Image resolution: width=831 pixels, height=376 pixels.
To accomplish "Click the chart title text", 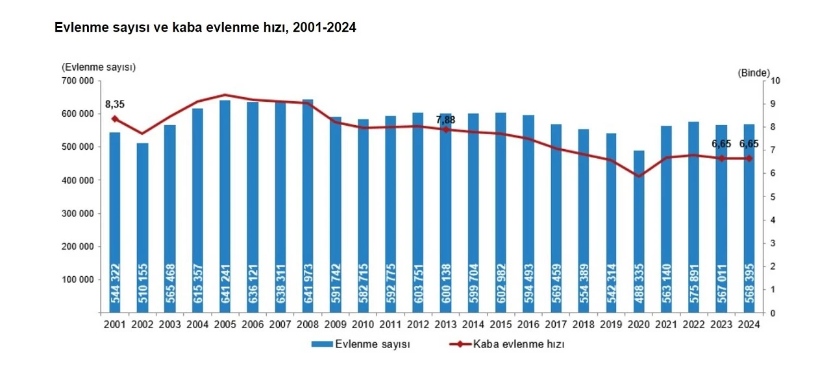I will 205,28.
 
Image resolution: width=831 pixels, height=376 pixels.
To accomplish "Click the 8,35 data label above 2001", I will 115,104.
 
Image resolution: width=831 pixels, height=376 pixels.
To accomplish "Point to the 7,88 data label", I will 446,120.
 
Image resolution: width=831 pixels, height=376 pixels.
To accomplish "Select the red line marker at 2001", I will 115,119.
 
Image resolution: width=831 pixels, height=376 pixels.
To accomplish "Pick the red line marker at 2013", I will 446,130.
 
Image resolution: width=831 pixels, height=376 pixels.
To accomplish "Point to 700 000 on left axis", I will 79,80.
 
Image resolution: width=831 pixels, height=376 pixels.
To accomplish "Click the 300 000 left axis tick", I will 79,213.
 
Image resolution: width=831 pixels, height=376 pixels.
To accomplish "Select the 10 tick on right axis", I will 775,80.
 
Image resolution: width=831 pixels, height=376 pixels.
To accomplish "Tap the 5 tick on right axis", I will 773,196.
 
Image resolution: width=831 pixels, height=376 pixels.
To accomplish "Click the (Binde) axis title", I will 754,73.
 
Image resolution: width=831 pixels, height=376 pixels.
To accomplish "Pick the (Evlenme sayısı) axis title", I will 99,67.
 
